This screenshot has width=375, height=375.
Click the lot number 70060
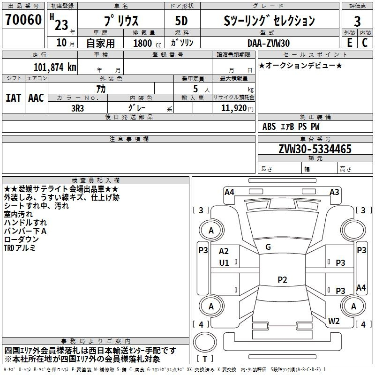(23, 20)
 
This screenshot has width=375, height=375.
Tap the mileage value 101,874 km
(55, 67)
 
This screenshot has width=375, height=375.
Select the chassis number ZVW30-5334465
(315, 149)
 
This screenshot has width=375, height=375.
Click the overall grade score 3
(357, 22)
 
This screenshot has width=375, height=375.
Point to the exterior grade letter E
(350, 43)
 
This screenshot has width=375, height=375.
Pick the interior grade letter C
(365, 43)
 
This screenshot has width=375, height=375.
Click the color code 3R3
(77, 108)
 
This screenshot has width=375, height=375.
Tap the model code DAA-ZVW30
(269, 43)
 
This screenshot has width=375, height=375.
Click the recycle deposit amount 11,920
(234, 108)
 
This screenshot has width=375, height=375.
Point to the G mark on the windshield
(268, 247)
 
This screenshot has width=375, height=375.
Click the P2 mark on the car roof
(282, 279)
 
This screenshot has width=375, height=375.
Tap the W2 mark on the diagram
(334, 321)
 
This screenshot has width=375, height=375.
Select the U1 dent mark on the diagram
(224, 263)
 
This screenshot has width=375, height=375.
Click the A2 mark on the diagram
(224, 251)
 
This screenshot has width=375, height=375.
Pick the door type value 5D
(181, 21)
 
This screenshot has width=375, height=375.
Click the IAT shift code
(13, 98)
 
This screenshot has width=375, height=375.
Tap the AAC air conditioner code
(36, 98)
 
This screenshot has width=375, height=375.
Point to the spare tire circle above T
(205, 342)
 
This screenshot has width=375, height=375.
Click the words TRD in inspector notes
(9, 248)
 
